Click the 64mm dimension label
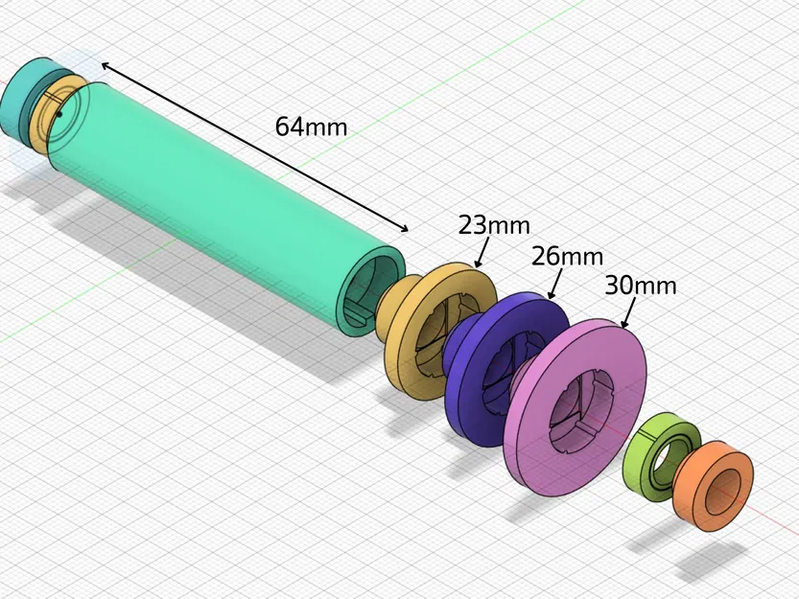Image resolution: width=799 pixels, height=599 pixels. [x=311, y=126]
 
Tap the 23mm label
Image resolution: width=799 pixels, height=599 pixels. [x=494, y=226]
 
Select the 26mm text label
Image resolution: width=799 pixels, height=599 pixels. [x=569, y=257]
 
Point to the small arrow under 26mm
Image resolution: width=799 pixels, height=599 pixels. [x=553, y=286]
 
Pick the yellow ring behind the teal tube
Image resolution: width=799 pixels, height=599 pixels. [x=43, y=120]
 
